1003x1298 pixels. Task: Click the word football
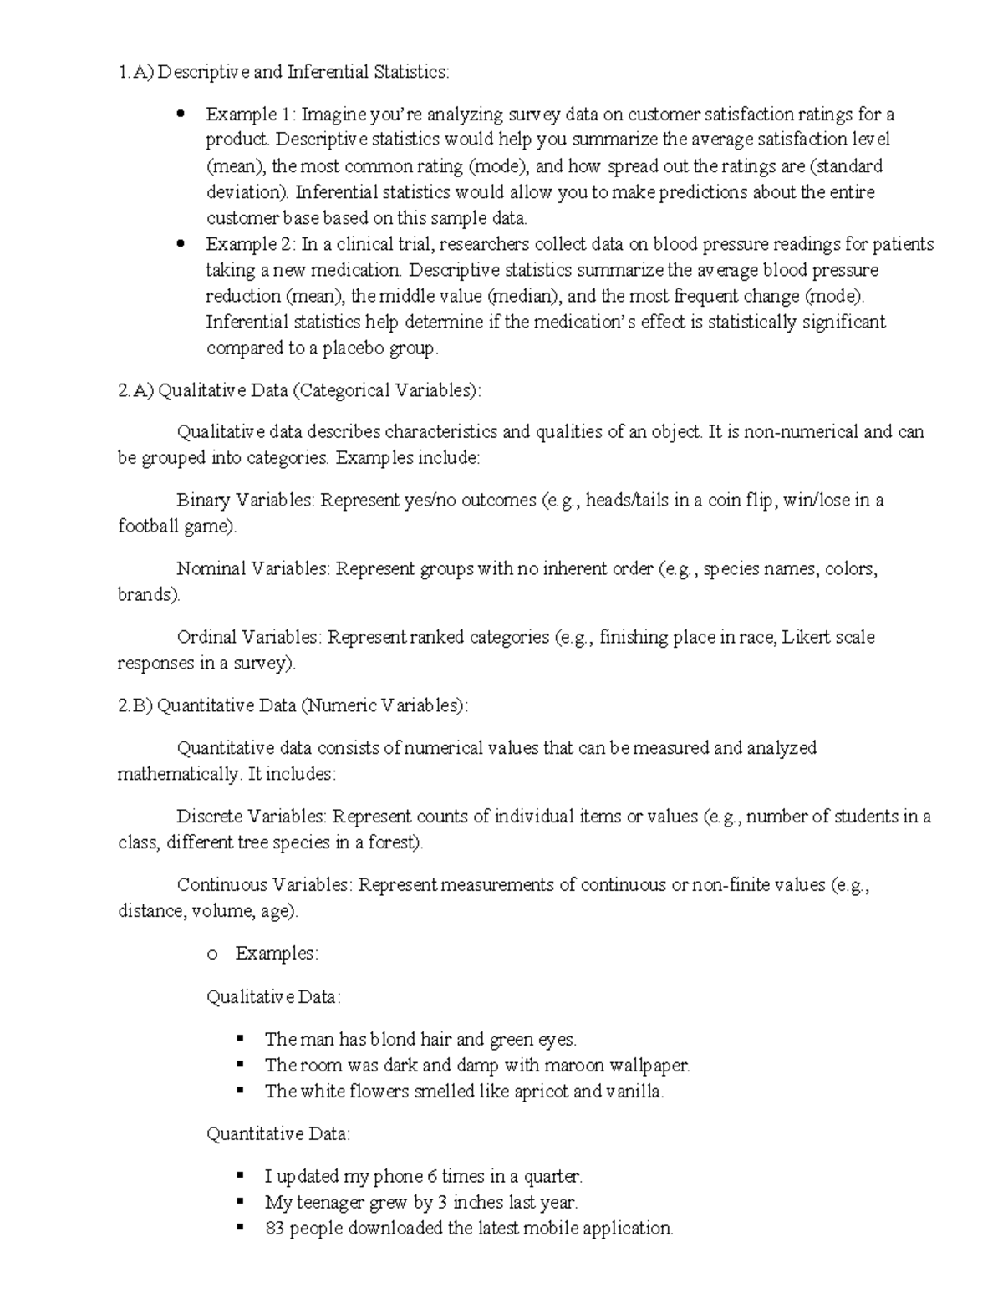(x=148, y=527)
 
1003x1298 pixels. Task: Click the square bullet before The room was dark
(x=240, y=1065)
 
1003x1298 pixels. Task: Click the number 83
(x=274, y=1229)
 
